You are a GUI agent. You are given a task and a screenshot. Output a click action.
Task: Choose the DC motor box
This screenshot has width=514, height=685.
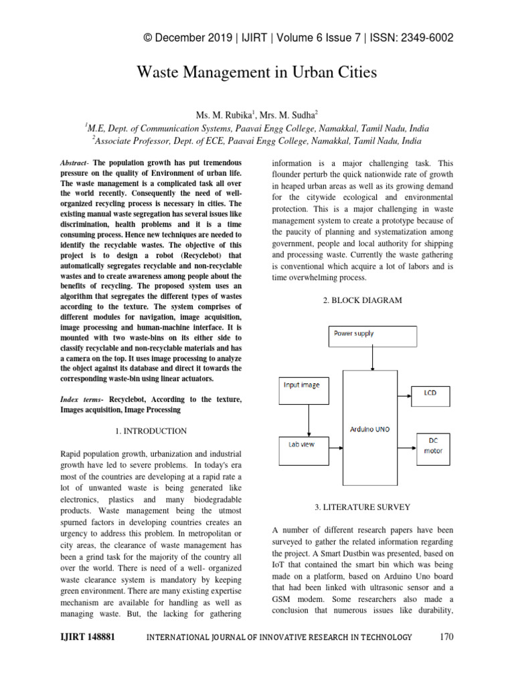[429, 446]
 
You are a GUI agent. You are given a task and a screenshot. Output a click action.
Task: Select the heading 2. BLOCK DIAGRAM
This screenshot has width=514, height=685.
[362, 300]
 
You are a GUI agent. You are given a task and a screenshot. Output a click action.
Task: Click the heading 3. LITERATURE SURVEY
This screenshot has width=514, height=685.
[362, 508]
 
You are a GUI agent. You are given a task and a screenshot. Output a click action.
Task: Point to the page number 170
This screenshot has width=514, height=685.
[446, 637]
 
